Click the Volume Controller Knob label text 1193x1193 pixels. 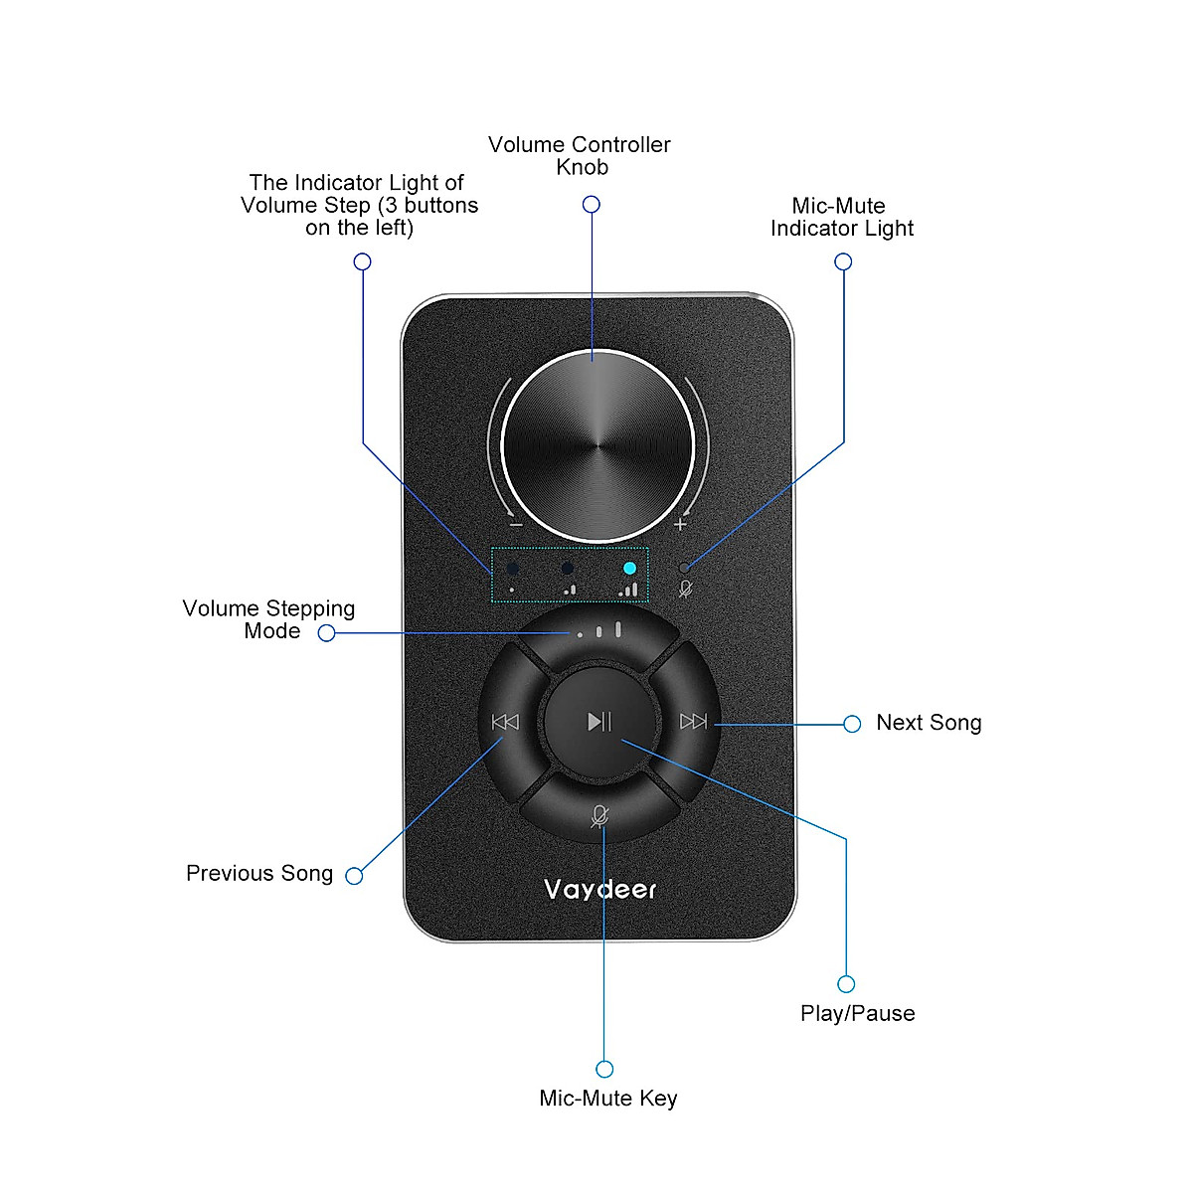click(580, 156)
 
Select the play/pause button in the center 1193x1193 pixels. click(598, 721)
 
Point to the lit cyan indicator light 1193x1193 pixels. click(629, 569)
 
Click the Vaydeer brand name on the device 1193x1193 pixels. click(599, 889)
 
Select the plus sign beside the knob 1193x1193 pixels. click(680, 524)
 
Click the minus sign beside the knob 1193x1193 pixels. click(515, 524)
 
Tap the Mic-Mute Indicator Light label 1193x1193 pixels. click(841, 217)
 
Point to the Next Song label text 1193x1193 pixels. click(929, 723)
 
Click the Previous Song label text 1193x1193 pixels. click(259, 873)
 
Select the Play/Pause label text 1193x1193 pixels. click(857, 1013)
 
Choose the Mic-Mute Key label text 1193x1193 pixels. click(607, 1098)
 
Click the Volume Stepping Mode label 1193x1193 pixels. click(269, 619)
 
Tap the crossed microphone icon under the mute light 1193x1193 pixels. click(685, 589)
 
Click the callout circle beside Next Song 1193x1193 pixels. click(852, 724)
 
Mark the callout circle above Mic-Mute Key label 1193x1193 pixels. click(604, 1069)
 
